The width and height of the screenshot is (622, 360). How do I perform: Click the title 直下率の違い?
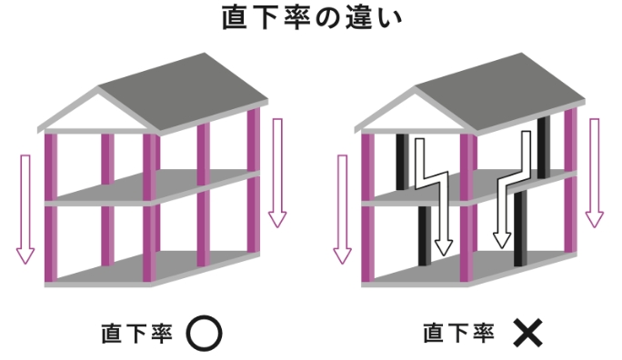click(x=311, y=20)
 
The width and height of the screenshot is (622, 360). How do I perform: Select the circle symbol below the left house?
click(x=204, y=334)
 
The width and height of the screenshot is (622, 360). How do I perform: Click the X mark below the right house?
click(x=527, y=334)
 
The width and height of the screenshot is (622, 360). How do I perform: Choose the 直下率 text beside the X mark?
click(x=460, y=334)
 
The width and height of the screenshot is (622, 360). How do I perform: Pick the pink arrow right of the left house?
click(x=277, y=173)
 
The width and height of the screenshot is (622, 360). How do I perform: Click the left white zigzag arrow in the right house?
click(x=432, y=191)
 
